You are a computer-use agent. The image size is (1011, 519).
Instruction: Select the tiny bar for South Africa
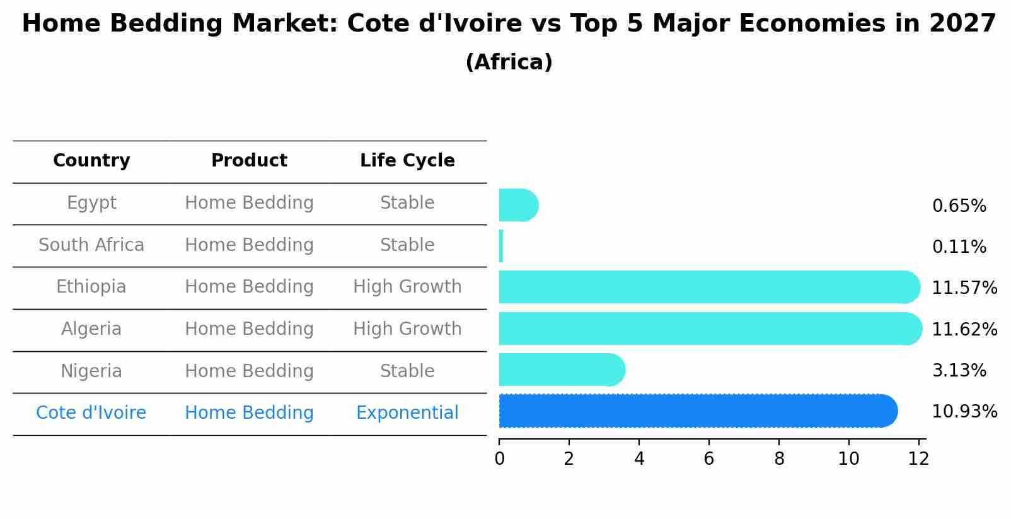coord(501,246)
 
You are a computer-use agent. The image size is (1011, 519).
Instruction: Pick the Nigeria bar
coord(561,370)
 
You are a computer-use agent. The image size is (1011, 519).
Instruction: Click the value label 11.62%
coord(964,329)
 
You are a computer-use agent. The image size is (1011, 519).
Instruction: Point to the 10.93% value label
coord(964,412)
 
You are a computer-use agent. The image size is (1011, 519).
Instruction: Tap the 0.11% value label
coord(959,247)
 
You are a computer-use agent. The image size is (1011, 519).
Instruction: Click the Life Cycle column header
coord(407,161)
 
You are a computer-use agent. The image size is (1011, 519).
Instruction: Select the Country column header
coord(91,161)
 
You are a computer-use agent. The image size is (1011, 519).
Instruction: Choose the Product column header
coord(249,161)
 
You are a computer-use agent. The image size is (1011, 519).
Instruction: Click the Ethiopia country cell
coord(91,287)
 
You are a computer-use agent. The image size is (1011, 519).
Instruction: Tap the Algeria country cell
coord(91,329)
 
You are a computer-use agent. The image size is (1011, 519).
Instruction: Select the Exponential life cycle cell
coord(407,413)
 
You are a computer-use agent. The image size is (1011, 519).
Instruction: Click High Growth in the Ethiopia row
coord(407,287)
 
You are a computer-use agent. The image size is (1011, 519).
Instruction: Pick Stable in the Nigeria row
coord(407,371)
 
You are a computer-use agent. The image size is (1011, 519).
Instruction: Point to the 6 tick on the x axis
coord(709,459)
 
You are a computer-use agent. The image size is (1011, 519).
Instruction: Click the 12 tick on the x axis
coord(918,459)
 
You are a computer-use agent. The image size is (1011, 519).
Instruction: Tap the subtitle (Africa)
coord(509,62)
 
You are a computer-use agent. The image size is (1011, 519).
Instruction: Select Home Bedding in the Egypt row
coord(249,203)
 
